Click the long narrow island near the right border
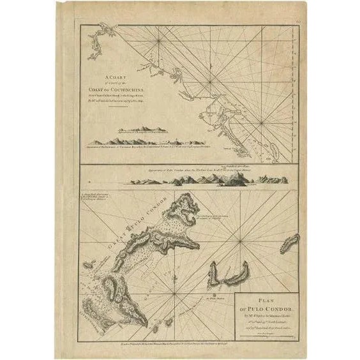pyautogui.click(x=290, y=243)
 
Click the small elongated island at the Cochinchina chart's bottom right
pyautogui.click(x=276, y=151)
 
